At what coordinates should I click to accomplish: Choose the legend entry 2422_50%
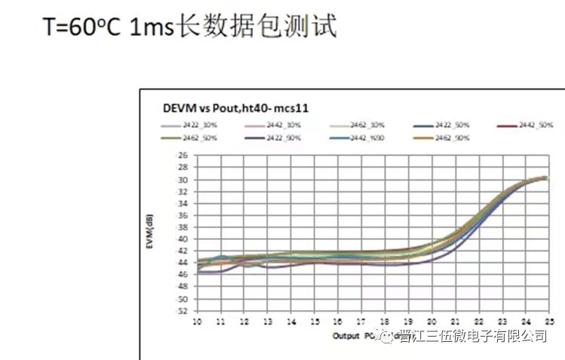tap(453, 124)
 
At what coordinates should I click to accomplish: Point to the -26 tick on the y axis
tap(181, 155)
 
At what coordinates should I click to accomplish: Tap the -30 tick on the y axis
tap(181, 180)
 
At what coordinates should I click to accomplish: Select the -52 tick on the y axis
tap(181, 310)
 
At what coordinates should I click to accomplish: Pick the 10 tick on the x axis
tap(198, 321)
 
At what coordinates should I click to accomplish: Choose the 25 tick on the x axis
tap(548, 321)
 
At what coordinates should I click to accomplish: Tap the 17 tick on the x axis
tap(361, 321)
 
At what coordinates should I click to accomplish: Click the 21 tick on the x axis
tap(455, 321)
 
